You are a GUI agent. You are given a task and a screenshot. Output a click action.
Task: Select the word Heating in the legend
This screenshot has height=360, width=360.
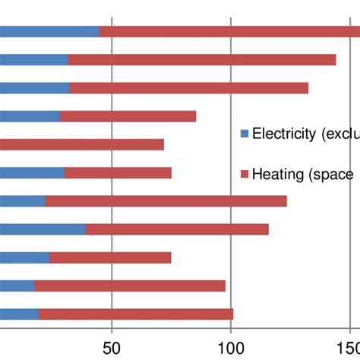(x=278, y=175)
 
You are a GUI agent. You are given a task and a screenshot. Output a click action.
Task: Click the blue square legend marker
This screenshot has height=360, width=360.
(x=245, y=134)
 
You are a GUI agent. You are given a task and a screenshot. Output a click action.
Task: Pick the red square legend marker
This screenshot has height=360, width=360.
(x=245, y=175)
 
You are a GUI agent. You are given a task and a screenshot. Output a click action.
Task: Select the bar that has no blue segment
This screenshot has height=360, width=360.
(x=81, y=144)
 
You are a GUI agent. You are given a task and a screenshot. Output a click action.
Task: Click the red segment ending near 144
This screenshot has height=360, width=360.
(x=201, y=60)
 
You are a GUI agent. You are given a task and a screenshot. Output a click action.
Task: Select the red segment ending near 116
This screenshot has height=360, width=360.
(x=176, y=229)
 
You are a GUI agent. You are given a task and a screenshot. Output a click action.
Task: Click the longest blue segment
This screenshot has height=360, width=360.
(x=49, y=31)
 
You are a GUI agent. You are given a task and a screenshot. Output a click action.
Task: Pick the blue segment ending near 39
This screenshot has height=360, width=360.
(x=43, y=229)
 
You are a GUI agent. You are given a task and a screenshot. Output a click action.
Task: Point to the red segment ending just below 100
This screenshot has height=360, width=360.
(x=129, y=286)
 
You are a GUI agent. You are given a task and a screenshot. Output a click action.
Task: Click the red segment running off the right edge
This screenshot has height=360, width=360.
(x=228, y=31)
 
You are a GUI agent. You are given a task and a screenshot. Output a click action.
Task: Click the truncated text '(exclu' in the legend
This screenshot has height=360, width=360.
(x=339, y=134)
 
